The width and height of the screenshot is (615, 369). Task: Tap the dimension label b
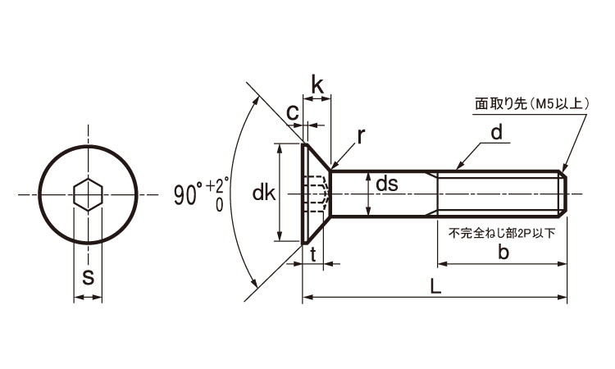coord(503,253)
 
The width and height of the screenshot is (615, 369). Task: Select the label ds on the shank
coord(386,185)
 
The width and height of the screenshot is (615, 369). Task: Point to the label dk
coord(263,194)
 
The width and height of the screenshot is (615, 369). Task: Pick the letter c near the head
coord(292,114)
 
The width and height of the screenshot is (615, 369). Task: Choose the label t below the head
coord(314,253)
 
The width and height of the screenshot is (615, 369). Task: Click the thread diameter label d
coord(498,133)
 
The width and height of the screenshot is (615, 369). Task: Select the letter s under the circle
coord(88,277)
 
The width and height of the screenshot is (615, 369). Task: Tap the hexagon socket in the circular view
coord(87,194)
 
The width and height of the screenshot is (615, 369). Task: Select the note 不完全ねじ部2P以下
coord(501,233)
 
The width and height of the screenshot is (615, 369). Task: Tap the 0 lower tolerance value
coord(219,204)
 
